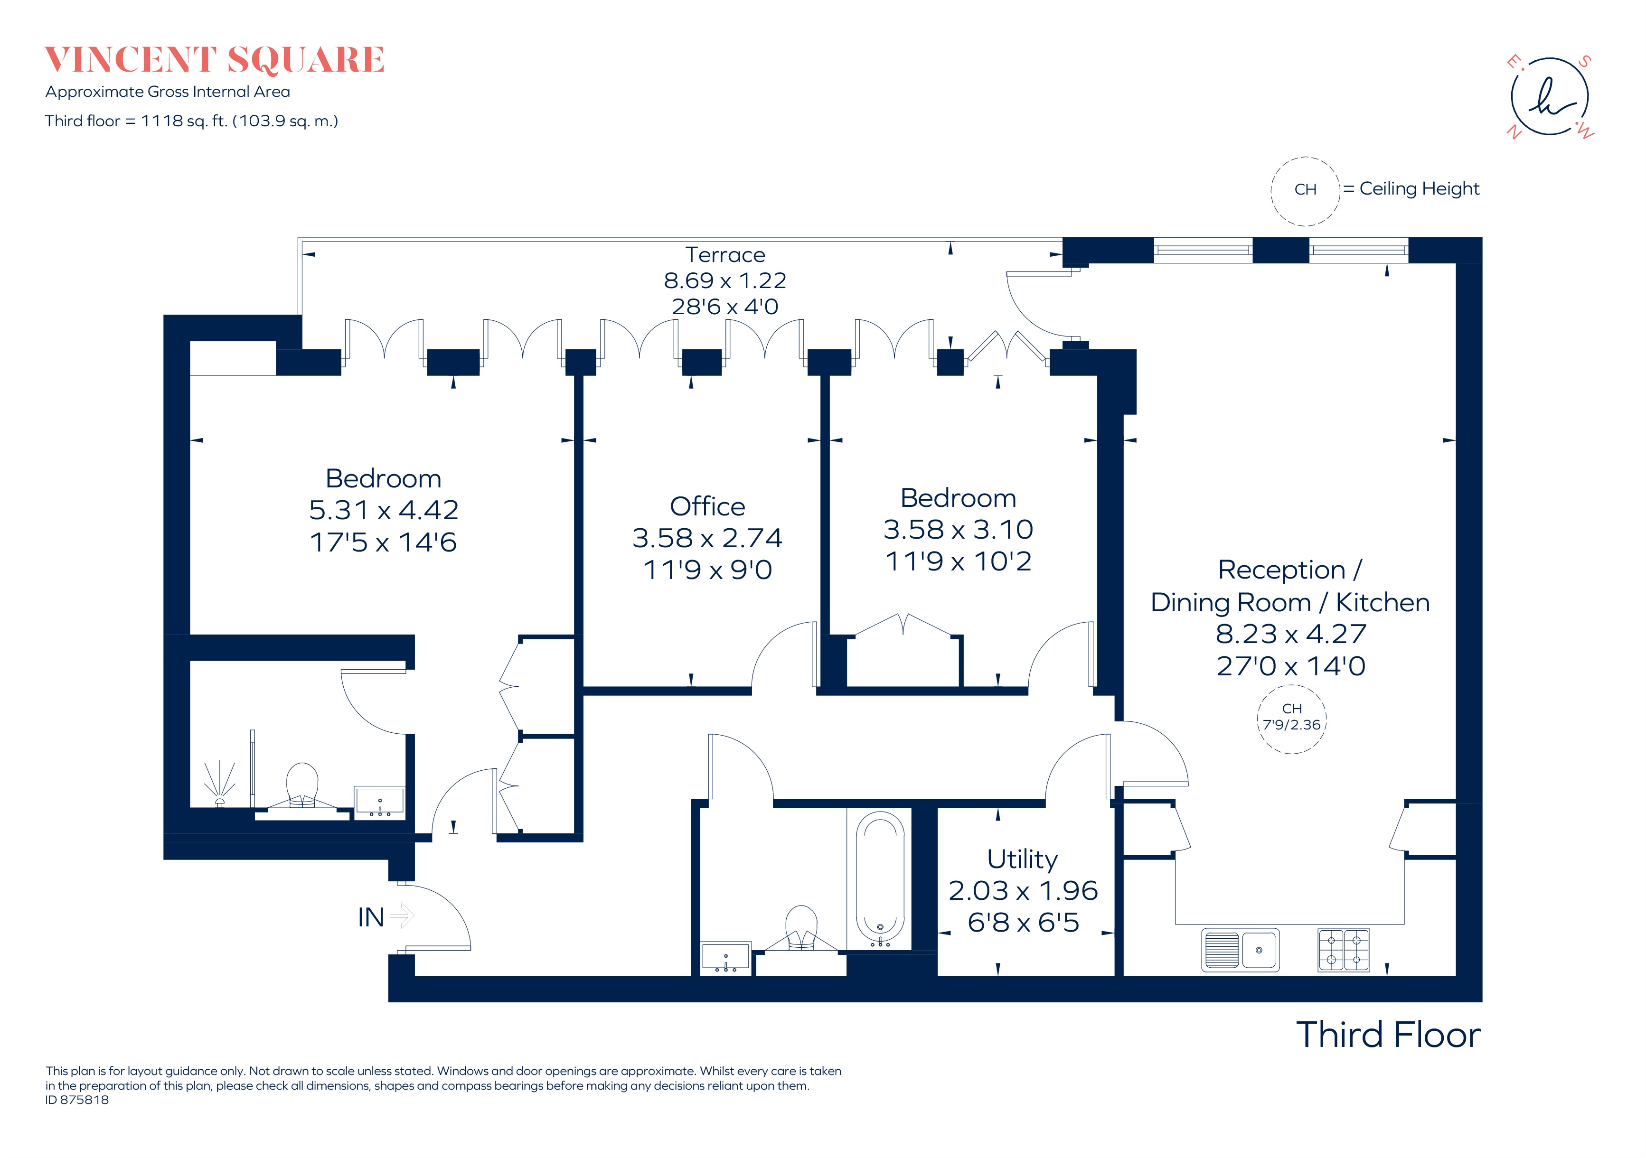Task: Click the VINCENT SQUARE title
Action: (x=214, y=60)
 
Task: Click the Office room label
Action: (x=707, y=507)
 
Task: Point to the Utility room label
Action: (x=1022, y=859)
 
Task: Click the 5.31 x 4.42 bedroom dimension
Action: (x=384, y=510)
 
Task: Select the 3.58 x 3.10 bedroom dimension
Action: (x=958, y=530)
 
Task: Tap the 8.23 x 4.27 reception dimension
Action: (x=1290, y=634)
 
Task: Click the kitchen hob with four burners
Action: (x=1344, y=950)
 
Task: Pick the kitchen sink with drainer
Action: (x=1240, y=950)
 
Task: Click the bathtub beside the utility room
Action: (x=880, y=879)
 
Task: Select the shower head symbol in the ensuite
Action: (x=220, y=783)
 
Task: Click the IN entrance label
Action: (x=371, y=917)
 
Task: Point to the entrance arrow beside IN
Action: (x=403, y=916)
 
